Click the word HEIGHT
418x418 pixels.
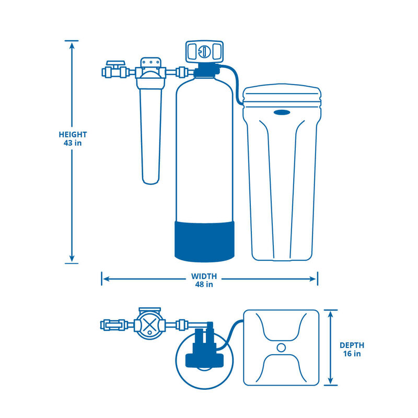pyautogui.click(x=73, y=134)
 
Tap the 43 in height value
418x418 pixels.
pyautogui.click(x=73, y=143)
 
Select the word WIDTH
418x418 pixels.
pyautogui.click(x=204, y=276)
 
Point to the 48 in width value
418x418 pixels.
pyautogui.click(x=204, y=285)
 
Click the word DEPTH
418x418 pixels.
pyautogui.click(x=352, y=345)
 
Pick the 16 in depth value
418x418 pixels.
pyautogui.click(x=352, y=354)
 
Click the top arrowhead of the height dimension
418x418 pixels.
pyautogui.click(x=72, y=43)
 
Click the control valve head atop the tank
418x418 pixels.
pyautogui.click(x=204, y=52)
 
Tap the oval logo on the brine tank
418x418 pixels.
pyautogui.click(x=283, y=111)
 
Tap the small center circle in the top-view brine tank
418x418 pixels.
pyautogui.click(x=281, y=347)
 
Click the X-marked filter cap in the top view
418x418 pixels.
pyautogui.click(x=150, y=325)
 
